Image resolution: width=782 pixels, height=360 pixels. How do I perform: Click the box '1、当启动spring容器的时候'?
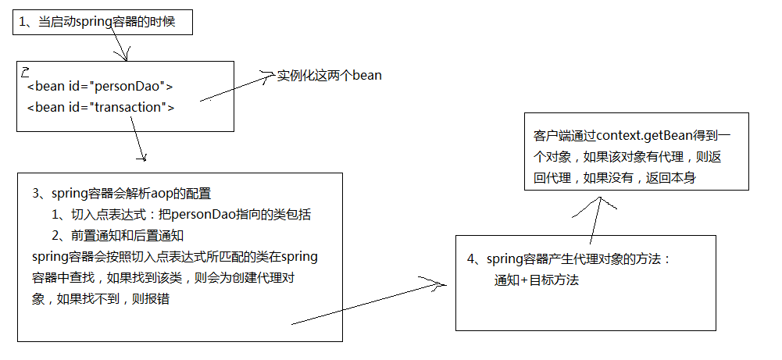[101, 23]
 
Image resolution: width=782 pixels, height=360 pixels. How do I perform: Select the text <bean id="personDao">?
[100, 87]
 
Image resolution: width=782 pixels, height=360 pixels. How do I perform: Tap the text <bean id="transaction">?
[101, 107]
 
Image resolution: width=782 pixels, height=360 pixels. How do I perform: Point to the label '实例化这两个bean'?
[330, 76]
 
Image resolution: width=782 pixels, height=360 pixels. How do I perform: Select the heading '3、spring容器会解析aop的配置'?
[122, 194]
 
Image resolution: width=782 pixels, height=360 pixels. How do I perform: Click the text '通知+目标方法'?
[537, 280]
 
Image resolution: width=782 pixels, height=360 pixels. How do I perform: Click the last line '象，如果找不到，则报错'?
[101, 299]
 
